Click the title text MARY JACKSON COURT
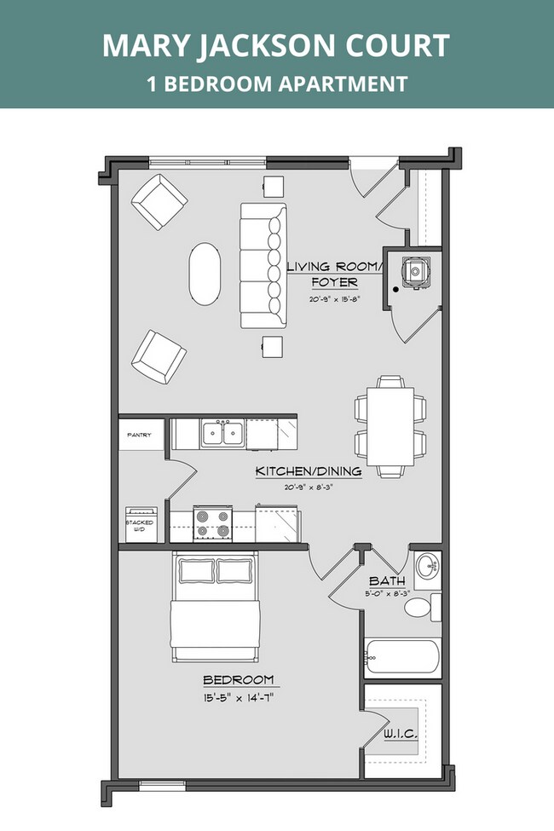[276, 46]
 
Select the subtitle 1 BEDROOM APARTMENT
[276, 84]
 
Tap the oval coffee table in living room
[204, 274]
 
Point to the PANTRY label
[139, 436]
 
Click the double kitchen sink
[221, 434]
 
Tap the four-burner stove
[213, 522]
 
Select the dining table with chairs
[390, 425]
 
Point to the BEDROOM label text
[239, 679]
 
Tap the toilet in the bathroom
[420, 607]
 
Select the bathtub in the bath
[401, 658]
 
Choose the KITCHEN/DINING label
[309, 470]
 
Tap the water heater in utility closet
[417, 271]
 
